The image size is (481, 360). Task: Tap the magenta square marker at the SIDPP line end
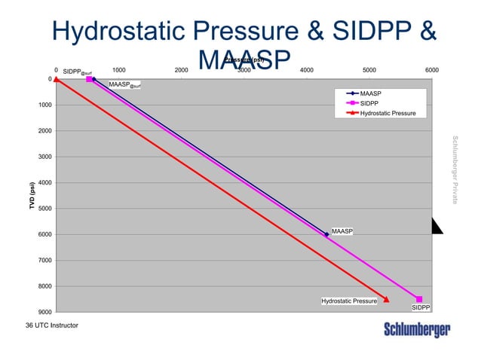click(x=419, y=299)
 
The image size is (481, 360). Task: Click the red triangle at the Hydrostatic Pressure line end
click(x=387, y=299)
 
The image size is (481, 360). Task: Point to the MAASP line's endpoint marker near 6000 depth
click(x=326, y=234)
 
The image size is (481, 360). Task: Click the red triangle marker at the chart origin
click(x=56, y=79)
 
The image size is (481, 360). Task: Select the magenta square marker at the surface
click(x=89, y=79)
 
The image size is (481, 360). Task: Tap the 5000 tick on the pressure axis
click(x=369, y=70)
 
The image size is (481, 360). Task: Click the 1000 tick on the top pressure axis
click(x=118, y=70)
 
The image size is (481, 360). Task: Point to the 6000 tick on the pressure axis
click(x=432, y=70)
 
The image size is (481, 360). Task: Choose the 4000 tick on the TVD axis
click(x=44, y=182)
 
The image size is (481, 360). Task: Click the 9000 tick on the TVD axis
click(x=44, y=312)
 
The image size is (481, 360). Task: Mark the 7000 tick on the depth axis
click(x=44, y=260)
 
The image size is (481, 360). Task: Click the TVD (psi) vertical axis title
click(x=32, y=196)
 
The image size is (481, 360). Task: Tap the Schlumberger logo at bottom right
click(x=417, y=330)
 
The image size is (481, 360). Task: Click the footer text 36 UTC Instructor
click(x=51, y=325)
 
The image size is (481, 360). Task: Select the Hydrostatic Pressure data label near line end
click(x=349, y=301)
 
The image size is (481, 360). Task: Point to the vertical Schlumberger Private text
click(x=455, y=169)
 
